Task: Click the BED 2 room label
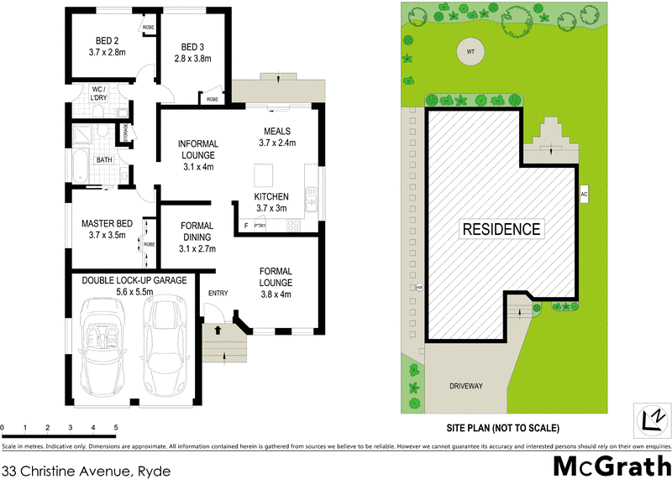(105, 40)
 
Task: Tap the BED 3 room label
(192, 46)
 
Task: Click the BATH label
(103, 159)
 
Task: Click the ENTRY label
(218, 292)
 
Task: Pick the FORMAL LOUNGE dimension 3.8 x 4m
(276, 294)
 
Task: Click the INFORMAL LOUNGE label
(197, 148)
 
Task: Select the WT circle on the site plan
(470, 53)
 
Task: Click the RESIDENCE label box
(501, 228)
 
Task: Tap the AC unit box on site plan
(582, 194)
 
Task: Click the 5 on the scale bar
(115, 428)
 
